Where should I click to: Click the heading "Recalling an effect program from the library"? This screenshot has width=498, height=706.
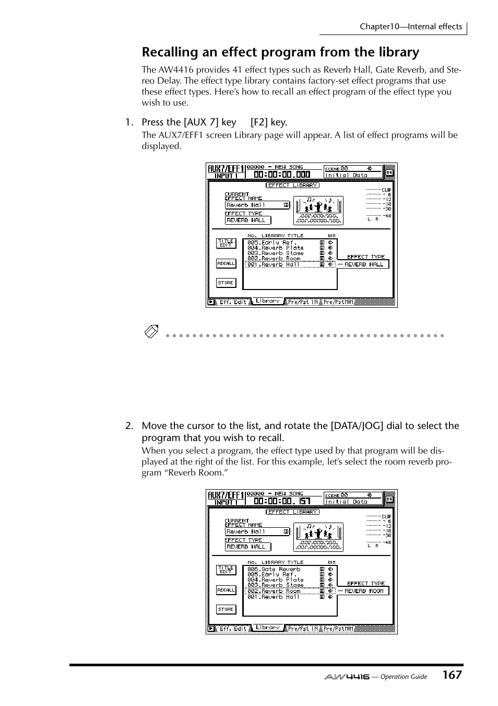click(280, 52)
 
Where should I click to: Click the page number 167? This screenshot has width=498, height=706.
click(452, 675)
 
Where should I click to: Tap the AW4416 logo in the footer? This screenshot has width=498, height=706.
click(347, 676)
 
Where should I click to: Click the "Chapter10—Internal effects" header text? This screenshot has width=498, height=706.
click(410, 27)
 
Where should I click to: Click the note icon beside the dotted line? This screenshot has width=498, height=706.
click(151, 332)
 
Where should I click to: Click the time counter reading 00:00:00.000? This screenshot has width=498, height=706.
click(282, 175)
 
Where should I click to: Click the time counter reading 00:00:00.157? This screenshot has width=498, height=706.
click(282, 501)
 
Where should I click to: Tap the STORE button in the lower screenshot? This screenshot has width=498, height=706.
click(226, 609)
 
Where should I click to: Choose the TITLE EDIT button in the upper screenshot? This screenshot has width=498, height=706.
click(226, 244)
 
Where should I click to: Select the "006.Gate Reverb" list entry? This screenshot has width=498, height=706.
click(274, 569)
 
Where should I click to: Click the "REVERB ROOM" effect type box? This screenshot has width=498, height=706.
click(363, 591)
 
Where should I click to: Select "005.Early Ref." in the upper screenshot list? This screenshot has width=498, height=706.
click(271, 242)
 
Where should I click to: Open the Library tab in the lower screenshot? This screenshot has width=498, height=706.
click(268, 628)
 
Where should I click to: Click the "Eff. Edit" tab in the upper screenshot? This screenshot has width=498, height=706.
click(232, 302)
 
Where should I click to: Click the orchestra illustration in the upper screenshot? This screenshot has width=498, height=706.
click(318, 210)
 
